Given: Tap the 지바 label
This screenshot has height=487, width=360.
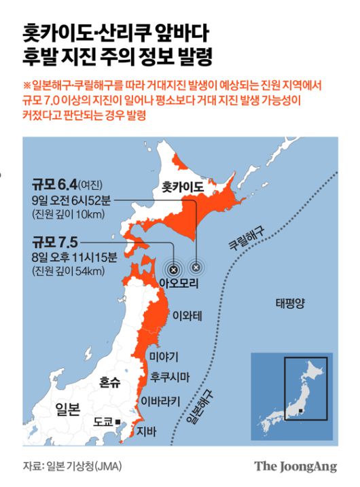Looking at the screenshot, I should (x=146, y=431).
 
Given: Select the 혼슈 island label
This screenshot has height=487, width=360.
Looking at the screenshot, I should (x=109, y=383).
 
